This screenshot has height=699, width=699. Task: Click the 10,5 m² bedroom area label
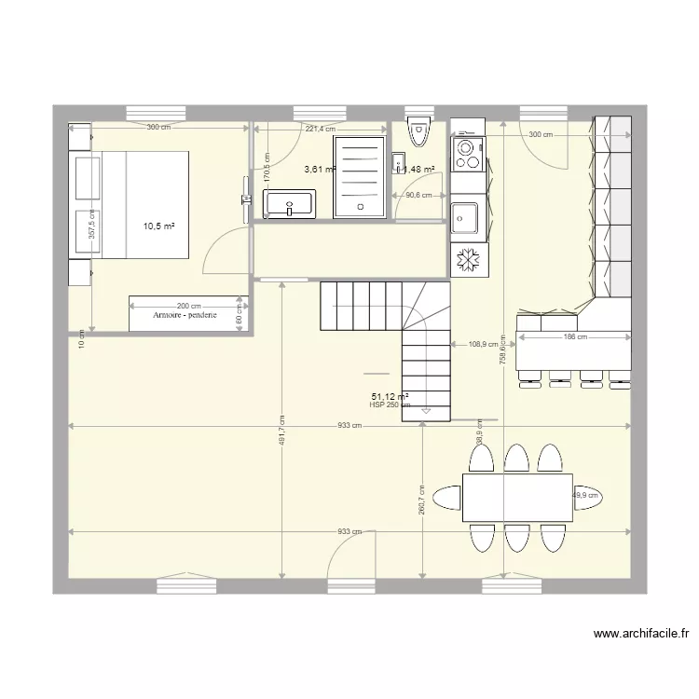coord(158,226)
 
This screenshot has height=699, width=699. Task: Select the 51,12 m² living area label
coord(390,396)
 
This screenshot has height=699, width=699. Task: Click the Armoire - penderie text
coord(185,316)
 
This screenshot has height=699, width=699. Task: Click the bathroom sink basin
coord(290,203)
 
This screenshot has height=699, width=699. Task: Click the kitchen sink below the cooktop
coord(464,218)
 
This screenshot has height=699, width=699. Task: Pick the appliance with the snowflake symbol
coord(467,261)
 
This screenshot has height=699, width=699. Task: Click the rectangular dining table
coord(517,497)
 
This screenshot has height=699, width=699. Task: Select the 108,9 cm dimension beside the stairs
coord(484,344)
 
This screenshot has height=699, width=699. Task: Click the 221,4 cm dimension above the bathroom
coord(320,129)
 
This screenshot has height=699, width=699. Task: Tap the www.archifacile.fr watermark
coord(641,634)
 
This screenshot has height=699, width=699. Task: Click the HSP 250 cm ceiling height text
coord(390,405)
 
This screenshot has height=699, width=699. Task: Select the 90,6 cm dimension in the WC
coord(418,195)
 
